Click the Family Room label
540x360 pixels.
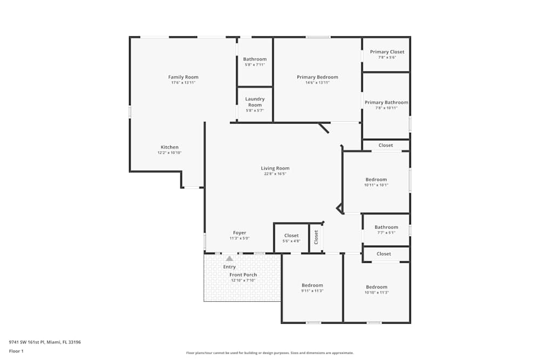pos(183,77)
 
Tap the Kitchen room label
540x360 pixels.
pos(169,147)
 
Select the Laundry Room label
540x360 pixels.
pos(255,101)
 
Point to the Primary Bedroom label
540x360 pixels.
pos(317,77)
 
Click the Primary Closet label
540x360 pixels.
pos(387,52)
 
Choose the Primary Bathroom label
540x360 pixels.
pos(386,103)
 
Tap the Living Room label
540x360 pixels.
pos(275,168)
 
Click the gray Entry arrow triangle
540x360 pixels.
pos(230,259)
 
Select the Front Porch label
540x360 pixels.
pos(243,275)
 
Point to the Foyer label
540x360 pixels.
pos(239,233)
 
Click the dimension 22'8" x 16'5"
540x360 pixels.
pos(275,174)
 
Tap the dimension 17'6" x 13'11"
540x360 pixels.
pos(183,83)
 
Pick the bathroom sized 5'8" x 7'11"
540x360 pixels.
pos(255,59)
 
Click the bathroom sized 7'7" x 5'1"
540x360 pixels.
pos(386,227)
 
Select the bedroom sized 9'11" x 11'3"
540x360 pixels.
pos(312,286)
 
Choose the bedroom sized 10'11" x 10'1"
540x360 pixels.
pos(376,180)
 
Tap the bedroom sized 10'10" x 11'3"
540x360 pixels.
pos(376,287)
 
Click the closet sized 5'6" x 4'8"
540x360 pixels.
pos(291,236)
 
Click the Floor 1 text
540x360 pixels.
pos(16,351)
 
